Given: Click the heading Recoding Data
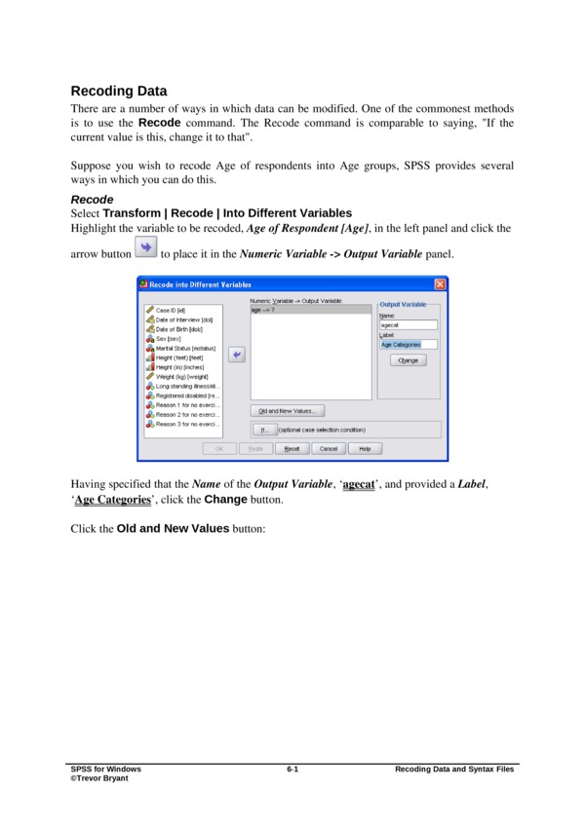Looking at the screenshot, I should click(x=118, y=92).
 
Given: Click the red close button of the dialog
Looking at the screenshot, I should click(x=440, y=284).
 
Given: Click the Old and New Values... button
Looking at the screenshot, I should click(x=286, y=410).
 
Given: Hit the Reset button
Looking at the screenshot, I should click(x=292, y=448).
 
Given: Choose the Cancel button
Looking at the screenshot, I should click(x=329, y=448).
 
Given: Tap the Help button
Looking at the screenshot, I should click(x=365, y=448).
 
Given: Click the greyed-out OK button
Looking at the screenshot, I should click(x=218, y=448).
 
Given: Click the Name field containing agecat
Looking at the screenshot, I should click(x=408, y=324).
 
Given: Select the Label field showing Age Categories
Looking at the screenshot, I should click(x=408, y=344).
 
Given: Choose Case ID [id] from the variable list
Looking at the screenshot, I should click(x=171, y=310).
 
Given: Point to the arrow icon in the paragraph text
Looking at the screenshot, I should click(x=144, y=251).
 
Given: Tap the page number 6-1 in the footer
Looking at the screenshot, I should click(x=292, y=770).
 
